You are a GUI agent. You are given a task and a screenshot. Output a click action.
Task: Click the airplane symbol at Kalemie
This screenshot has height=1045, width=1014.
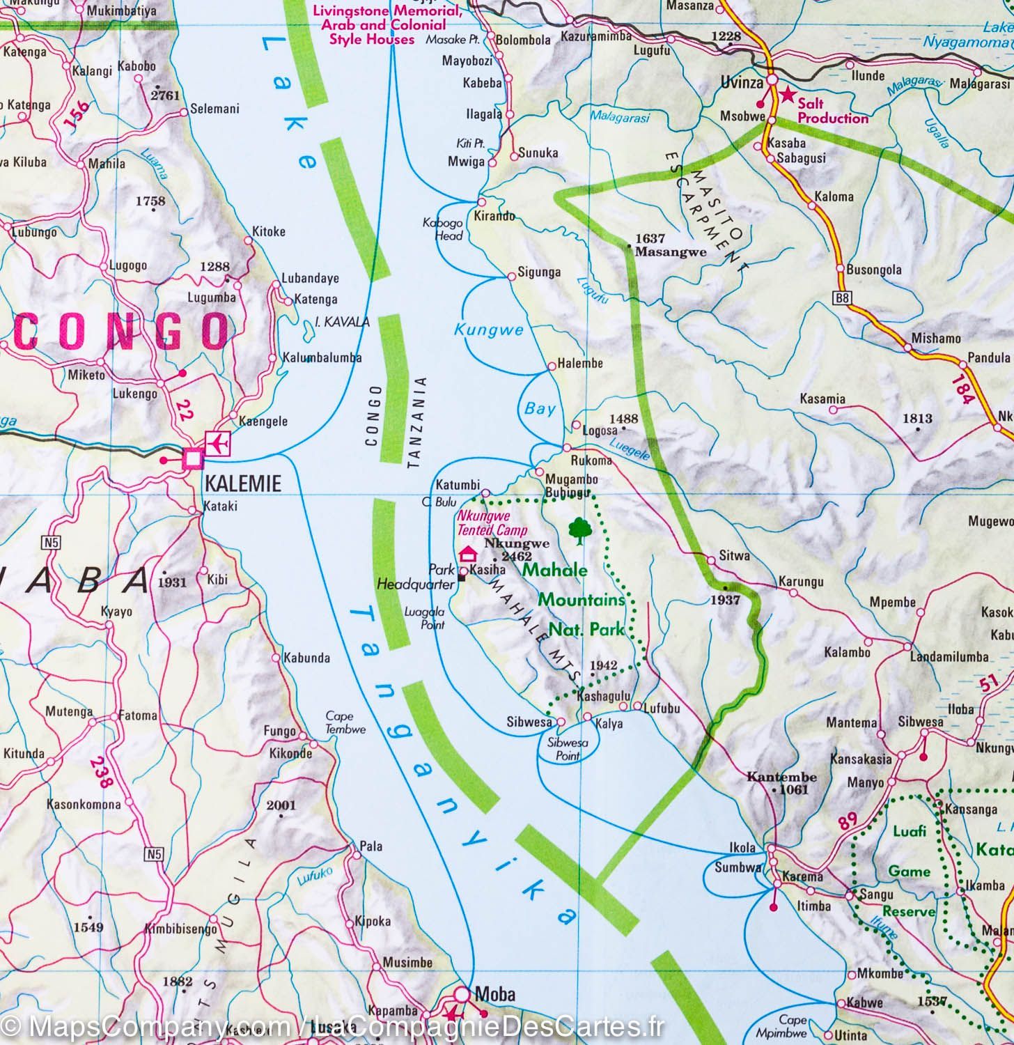click(x=218, y=444)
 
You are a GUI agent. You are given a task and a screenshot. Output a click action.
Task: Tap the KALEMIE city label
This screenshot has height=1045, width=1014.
click(x=243, y=483)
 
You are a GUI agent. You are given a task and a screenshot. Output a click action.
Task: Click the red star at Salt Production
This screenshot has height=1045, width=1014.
click(x=787, y=94)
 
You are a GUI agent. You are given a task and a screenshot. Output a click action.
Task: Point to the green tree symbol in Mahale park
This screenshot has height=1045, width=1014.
click(x=578, y=531)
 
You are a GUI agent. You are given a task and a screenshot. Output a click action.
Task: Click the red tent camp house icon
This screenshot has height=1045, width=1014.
click(x=468, y=553)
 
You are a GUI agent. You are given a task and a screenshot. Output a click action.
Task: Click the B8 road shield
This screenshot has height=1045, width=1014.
click(x=842, y=299)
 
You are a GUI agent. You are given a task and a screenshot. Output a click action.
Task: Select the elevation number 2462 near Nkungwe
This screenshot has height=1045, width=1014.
click(x=516, y=556)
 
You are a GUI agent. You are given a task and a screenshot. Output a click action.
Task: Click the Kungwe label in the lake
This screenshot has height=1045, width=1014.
click(x=488, y=330)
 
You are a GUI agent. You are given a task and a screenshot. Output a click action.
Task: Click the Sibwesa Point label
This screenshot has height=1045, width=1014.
click(x=568, y=749)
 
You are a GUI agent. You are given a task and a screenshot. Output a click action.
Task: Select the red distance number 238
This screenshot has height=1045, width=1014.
click(x=101, y=772)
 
